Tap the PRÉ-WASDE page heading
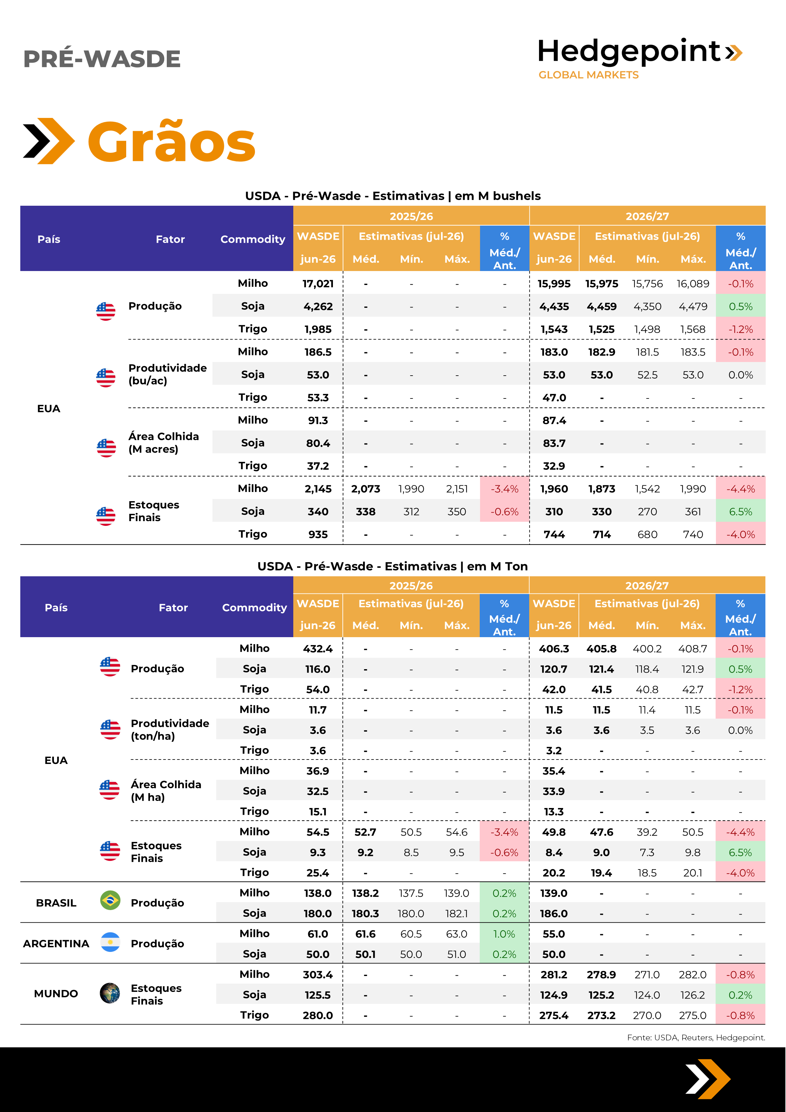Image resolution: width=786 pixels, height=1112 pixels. coord(102,59)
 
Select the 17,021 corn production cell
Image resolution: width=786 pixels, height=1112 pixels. coord(318,284)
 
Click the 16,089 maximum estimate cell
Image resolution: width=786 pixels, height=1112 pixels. coord(693,284)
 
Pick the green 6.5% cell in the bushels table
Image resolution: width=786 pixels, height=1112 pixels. coord(740,511)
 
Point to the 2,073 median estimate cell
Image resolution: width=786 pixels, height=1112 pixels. coord(366,489)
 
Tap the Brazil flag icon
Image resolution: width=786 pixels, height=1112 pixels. coord(110,900)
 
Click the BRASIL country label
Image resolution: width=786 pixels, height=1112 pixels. coord(56,903)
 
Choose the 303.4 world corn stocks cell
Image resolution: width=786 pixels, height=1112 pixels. coord(318,974)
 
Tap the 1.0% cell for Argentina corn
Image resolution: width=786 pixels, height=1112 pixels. coord(504,934)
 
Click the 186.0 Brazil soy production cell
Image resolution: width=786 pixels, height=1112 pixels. coord(554,914)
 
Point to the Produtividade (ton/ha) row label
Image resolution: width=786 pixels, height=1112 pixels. coord(170,729)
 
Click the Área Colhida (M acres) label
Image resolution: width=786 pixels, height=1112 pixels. coord(164,443)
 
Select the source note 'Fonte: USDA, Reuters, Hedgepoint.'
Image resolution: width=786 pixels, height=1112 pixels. coord(696,1038)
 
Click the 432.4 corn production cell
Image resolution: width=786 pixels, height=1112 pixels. coord(318,649)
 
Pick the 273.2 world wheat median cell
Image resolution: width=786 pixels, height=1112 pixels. coord(601,1015)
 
